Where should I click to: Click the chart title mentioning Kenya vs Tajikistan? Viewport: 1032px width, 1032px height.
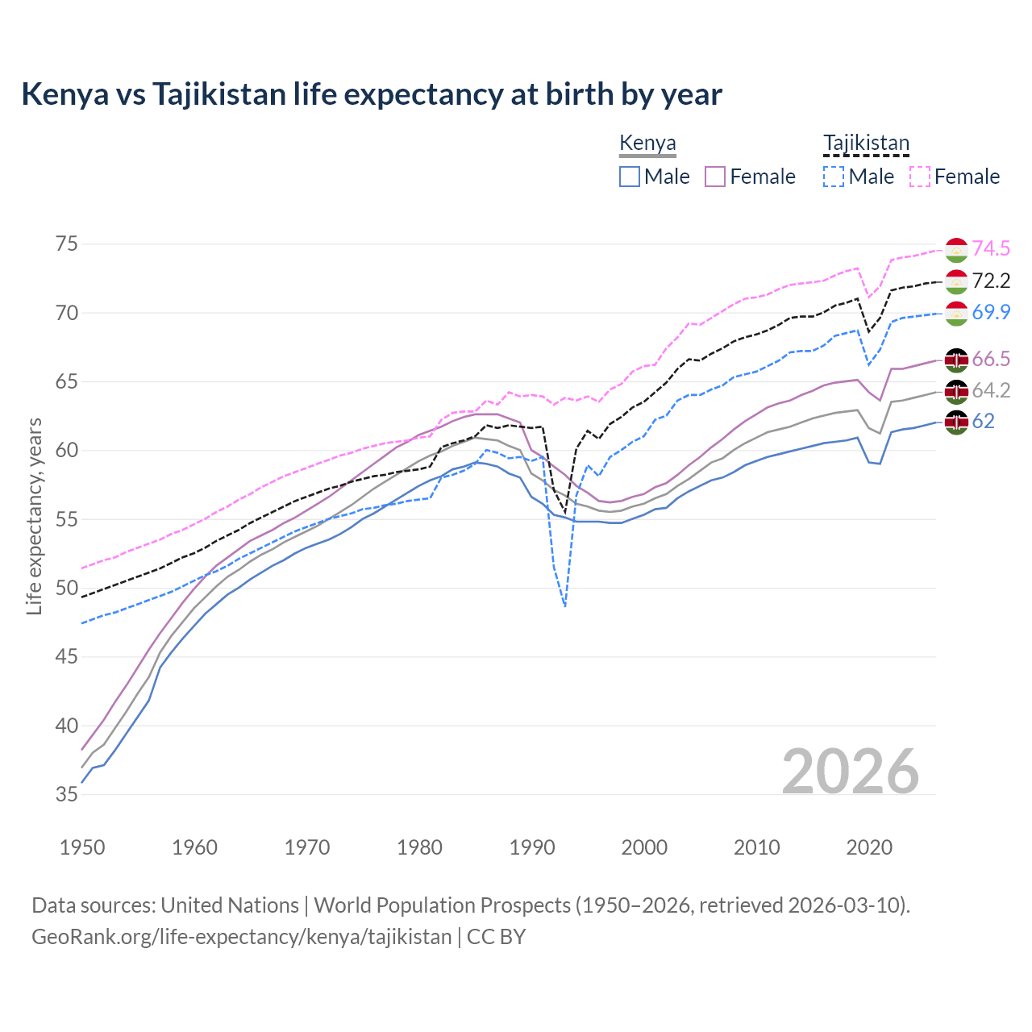pos(372,94)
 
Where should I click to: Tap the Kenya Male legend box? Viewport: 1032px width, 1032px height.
pos(630,177)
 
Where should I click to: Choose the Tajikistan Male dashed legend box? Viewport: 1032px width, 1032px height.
pos(834,177)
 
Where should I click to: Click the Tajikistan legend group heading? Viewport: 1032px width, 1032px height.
pos(866,144)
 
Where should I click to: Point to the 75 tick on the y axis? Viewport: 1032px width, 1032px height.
pos(66,244)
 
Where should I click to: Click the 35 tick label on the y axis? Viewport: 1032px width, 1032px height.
pos(66,795)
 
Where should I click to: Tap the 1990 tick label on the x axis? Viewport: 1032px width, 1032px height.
pos(532,847)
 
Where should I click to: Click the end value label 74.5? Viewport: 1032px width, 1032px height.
pos(991,249)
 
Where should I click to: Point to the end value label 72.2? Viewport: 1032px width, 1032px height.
pos(991,281)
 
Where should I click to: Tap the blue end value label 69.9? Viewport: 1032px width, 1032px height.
pos(991,312)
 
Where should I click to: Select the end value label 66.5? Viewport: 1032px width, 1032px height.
pos(991,359)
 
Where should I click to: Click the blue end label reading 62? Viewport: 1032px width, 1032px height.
pos(983,421)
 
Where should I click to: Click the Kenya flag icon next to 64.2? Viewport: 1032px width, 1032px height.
pos(956,391)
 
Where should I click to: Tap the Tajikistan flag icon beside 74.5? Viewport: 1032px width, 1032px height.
pos(956,250)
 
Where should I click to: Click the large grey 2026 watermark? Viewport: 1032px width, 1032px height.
pos(851,772)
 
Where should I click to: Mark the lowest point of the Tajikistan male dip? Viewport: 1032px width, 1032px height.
pos(564,606)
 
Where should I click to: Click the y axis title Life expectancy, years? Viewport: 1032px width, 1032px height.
pos(34,517)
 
